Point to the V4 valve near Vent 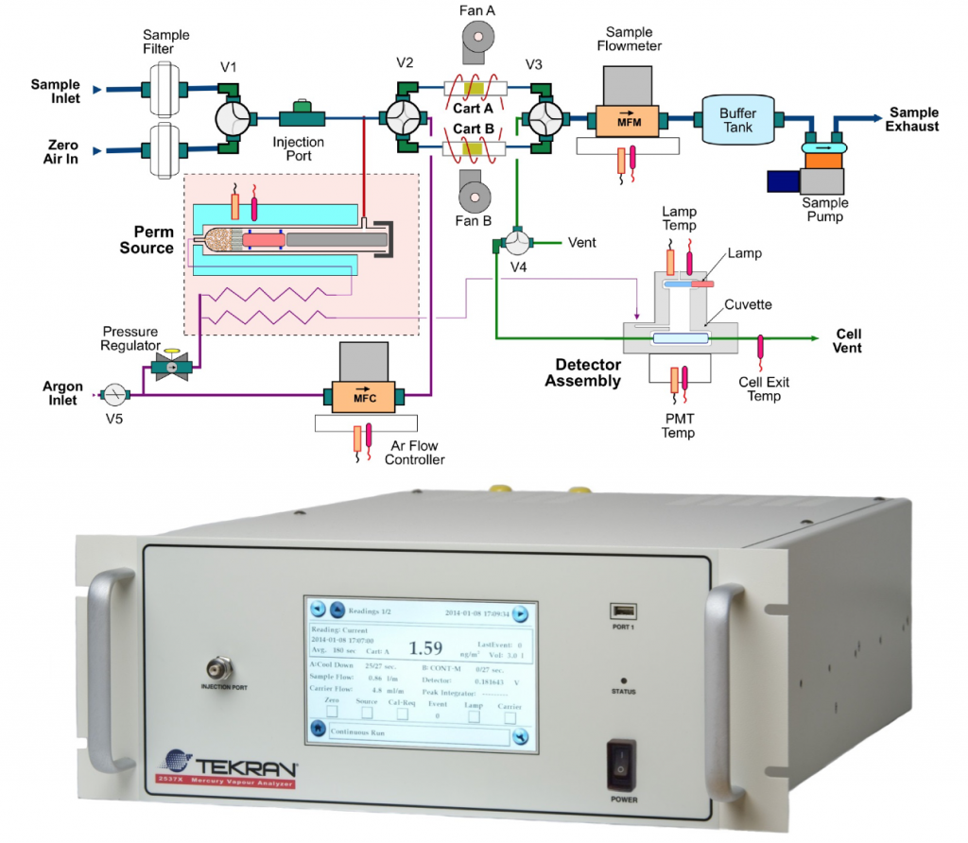pyautogui.click(x=515, y=244)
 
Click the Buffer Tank pyautogui.click(x=738, y=119)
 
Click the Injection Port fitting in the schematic pyautogui.click(x=302, y=116)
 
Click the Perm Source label pyautogui.click(x=147, y=239)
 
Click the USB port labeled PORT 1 pyautogui.click(x=623, y=611)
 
